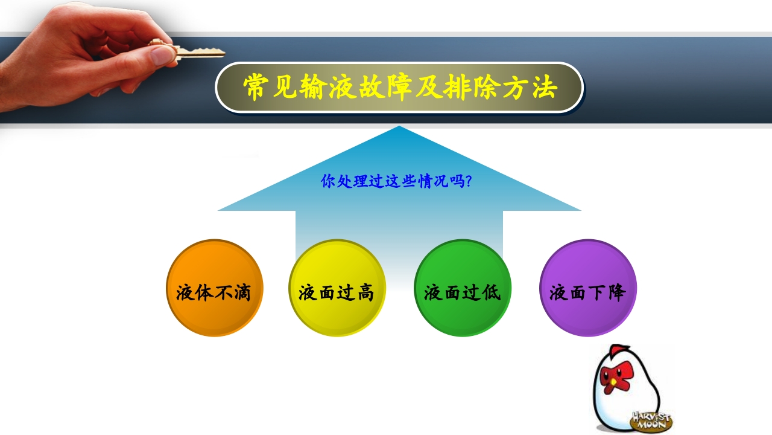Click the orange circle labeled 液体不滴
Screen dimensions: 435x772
214,288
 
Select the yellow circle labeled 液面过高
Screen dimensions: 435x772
337,288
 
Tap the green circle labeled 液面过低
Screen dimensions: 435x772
463,288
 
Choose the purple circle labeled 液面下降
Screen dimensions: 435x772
587,288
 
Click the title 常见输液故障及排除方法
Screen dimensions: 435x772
399,88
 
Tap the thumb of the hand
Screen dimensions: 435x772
162,56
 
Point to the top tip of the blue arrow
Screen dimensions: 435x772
399,127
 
